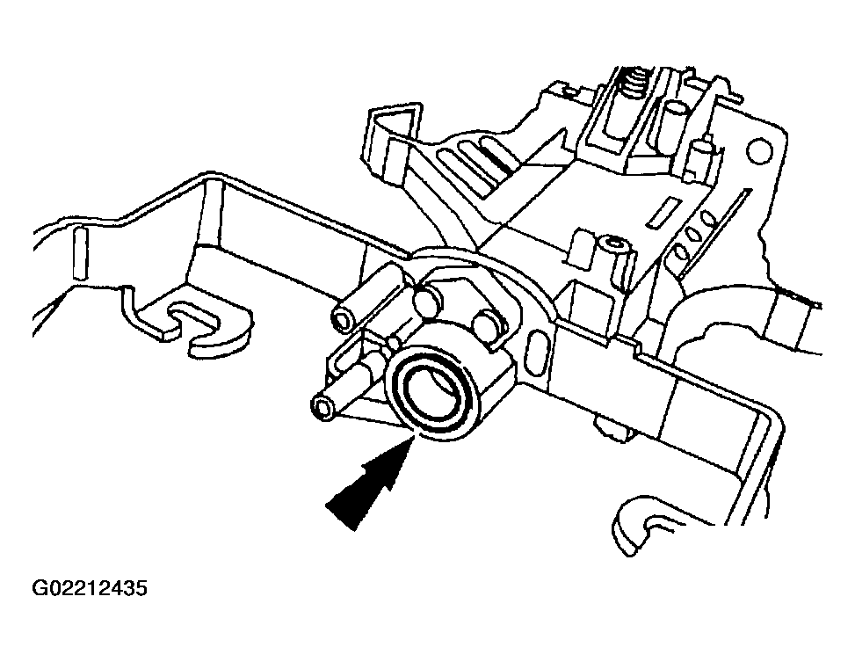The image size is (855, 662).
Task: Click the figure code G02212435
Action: coord(90,588)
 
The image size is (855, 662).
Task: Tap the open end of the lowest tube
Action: coord(322,409)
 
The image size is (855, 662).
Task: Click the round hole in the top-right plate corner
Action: coord(760,150)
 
